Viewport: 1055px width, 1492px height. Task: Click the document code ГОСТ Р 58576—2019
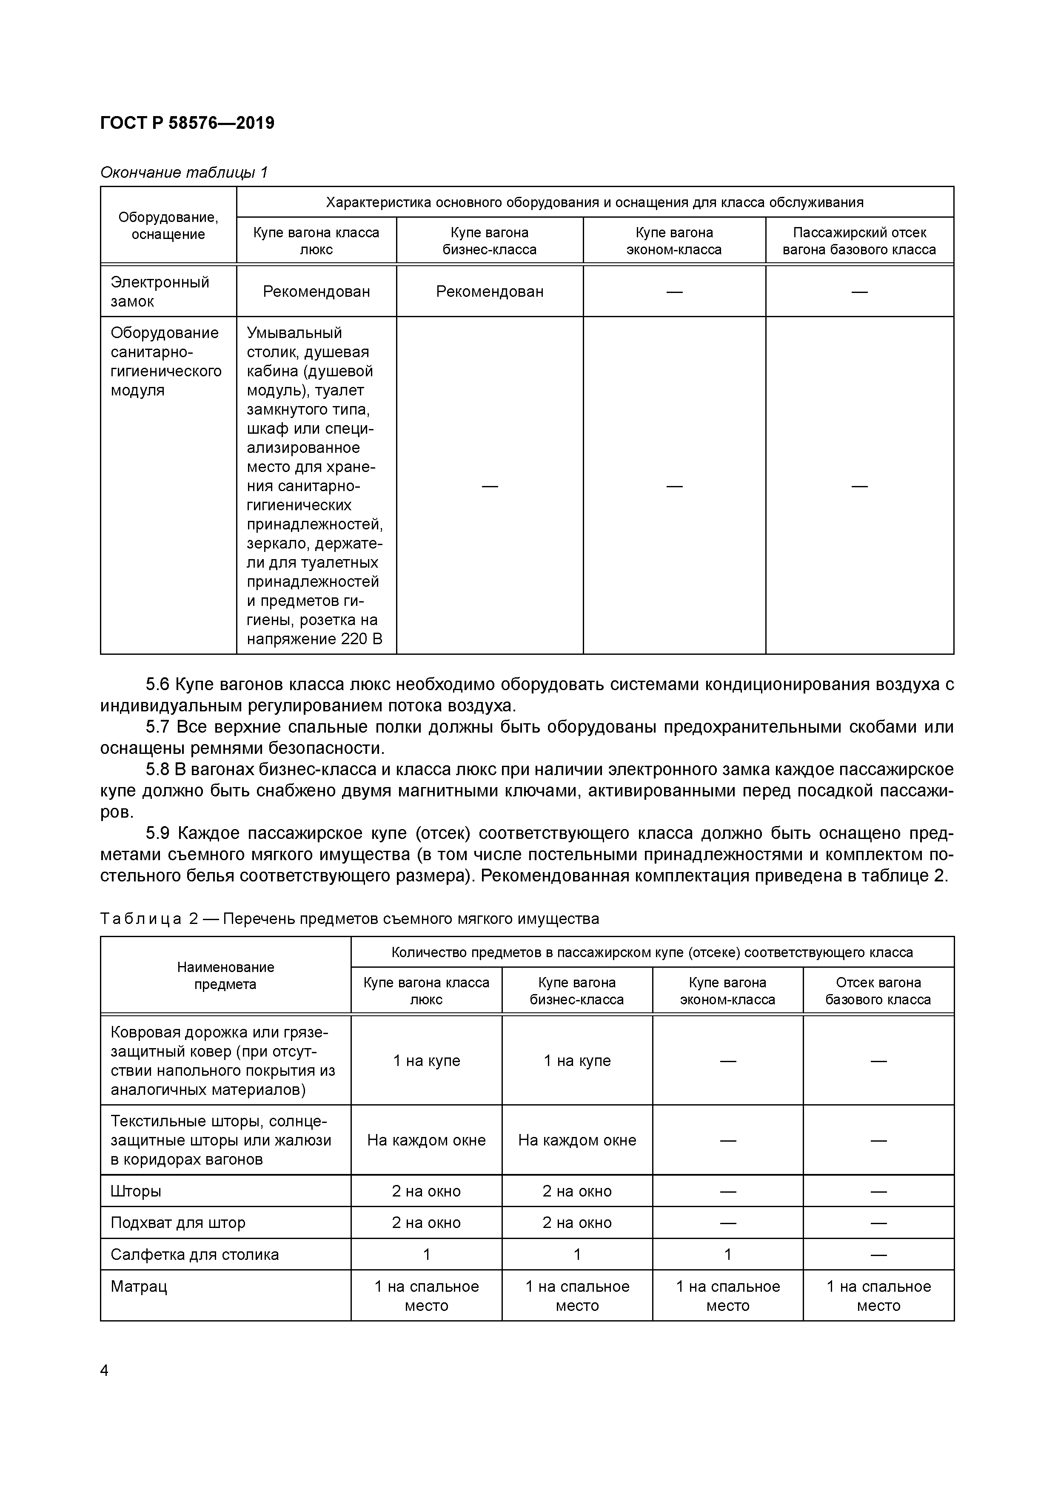pos(187,123)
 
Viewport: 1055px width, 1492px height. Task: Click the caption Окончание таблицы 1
pos(184,172)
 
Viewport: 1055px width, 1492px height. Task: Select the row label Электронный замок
pos(160,291)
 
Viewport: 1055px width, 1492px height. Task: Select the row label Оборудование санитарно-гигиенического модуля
pos(166,361)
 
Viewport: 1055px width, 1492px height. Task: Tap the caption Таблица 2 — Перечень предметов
pos(349,918)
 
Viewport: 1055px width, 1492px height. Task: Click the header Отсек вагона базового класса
pos(878,991)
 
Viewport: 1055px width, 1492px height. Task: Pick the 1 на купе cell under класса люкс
pos(426,1060)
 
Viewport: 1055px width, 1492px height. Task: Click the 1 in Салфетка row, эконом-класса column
pos(727,1254)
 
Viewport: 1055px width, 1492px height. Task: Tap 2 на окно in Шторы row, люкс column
pos(426,1191)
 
